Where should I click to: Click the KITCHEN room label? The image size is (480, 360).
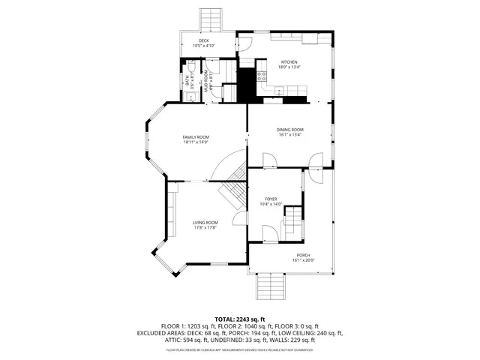point(289,61)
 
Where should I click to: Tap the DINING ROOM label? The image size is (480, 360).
point(289,129)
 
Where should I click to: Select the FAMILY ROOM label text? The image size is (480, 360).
point(196,136)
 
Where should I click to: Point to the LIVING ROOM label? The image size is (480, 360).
point(205,222)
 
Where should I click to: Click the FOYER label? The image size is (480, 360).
point(270,199)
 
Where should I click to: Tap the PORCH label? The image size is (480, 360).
point(303,255)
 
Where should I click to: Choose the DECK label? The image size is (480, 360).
point(203,40)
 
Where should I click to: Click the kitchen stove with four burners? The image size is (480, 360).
point(262,76)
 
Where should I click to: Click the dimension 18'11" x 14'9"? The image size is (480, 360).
point(196,142)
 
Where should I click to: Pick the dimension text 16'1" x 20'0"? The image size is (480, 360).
point(303,261)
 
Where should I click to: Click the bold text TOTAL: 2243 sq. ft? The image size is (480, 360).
point(240,319)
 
